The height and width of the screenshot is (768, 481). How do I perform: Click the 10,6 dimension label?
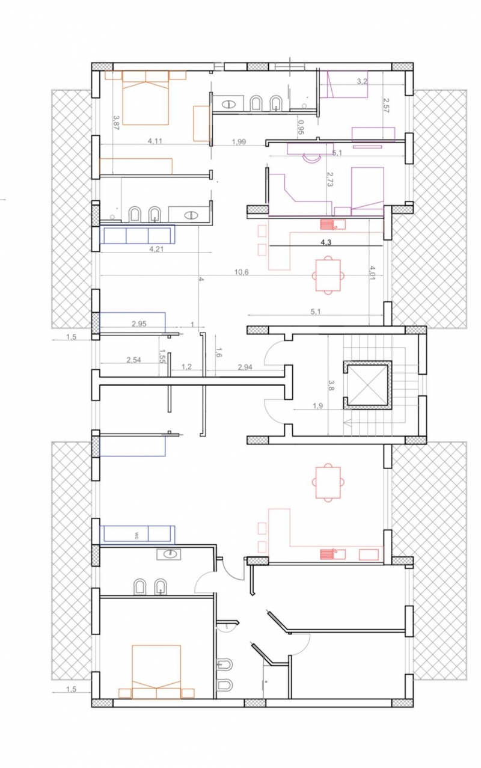coord(241,272)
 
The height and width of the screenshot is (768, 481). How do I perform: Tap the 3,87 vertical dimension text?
coord(116,122)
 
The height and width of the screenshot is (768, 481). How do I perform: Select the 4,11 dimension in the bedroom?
coord(155,141)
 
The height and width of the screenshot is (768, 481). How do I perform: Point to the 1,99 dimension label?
coord(239,141)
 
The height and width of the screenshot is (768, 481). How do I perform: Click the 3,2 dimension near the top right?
coord(362,81)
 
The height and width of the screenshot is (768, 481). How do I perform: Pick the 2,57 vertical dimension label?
coord(386,105)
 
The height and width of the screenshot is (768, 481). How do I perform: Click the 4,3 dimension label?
coord(326,242)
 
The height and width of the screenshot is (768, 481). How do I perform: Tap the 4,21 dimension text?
coord(156,249)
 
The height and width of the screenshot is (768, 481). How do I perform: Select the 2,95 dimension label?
coord(139,324)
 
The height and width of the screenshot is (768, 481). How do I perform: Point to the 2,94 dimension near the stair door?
coord(245,367)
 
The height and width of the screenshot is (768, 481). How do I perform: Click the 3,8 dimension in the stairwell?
coord(331,385)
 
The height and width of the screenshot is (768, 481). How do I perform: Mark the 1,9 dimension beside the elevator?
coord(317,406)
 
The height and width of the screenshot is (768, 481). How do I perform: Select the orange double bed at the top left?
coord(146,97)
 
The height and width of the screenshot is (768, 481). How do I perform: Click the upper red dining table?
coord(328,275)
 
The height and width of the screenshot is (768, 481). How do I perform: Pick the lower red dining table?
coord(328,482)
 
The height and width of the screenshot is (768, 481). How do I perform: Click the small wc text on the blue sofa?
coord(136,536)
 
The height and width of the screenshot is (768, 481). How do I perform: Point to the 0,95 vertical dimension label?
coord(301,126)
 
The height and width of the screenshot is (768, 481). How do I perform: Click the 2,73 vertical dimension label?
coord(330,179)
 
